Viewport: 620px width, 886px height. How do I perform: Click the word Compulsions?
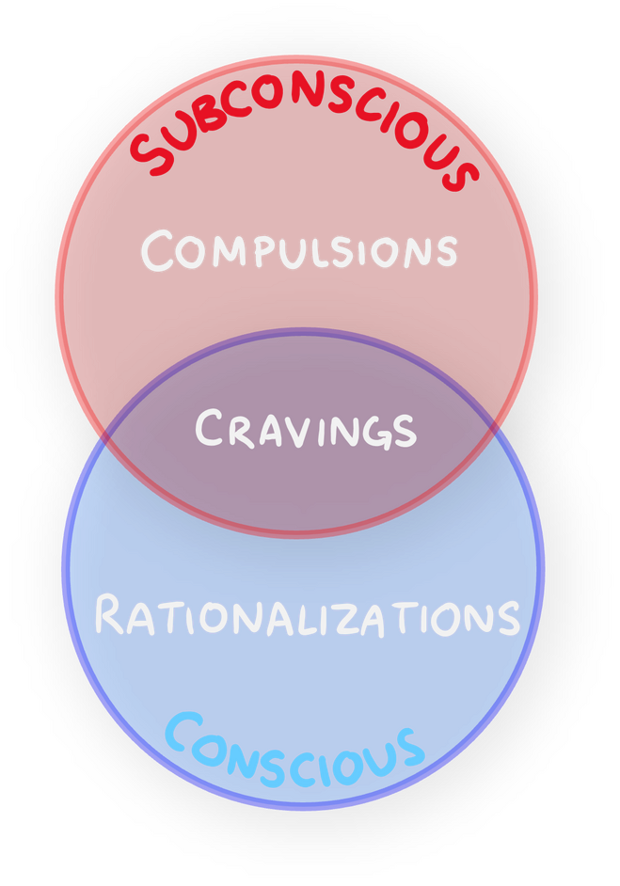tap(299, 252)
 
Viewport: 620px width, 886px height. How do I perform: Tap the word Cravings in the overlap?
tap(306, 429)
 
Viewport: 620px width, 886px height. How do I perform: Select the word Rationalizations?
tap(307, 616)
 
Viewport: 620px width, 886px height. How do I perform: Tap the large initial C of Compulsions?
tap(158, 250)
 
